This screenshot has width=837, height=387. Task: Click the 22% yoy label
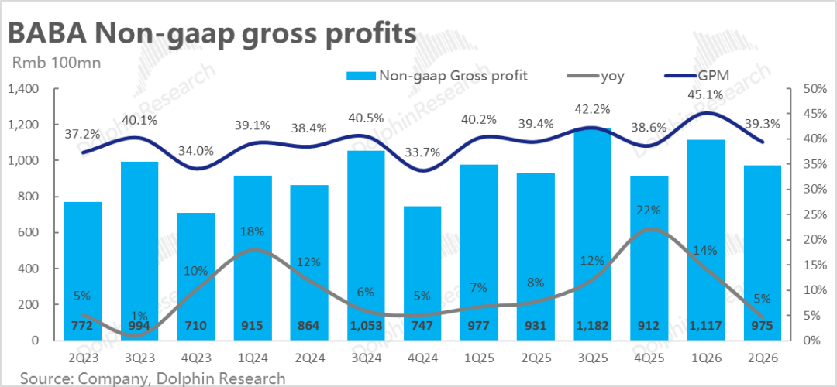tap(649, 210)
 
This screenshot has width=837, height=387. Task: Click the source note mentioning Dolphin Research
tap(153, 378)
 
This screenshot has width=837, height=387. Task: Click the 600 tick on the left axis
tap(27, 232)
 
